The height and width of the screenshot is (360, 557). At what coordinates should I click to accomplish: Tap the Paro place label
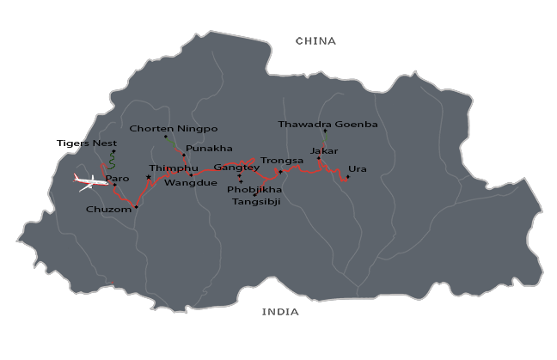point(117,179)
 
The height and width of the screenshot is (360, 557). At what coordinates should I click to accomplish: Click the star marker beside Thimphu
point(149,178)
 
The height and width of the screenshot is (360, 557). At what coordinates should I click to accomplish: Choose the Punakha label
point(209,148)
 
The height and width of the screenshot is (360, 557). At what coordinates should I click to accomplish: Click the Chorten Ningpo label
point(173,129)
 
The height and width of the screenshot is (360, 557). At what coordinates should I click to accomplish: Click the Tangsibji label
point(257,202)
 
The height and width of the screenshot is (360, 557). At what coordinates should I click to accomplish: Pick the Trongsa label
point(282,161)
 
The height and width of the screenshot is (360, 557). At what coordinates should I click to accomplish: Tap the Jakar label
point(324,151)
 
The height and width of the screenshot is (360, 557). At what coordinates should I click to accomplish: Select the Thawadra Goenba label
point(327,125)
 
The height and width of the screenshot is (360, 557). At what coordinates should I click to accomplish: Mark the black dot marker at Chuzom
point(136,207)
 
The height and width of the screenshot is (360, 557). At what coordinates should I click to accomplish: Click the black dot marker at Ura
point(347,177)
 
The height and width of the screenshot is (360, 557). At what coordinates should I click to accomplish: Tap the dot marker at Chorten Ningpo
point(166,137)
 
